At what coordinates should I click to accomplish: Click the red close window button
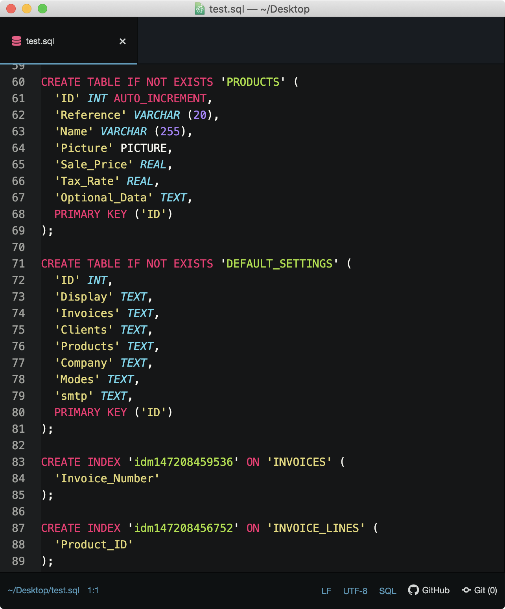pos(11,9)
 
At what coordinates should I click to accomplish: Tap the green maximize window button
pos(42,9)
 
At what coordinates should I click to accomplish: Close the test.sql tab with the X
pos(123,41)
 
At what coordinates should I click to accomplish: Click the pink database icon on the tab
pos(17,41)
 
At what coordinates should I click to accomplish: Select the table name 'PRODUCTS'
pos(253,82)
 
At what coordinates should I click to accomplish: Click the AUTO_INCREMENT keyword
pos(160,98)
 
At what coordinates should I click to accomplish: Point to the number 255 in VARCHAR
pos(170,131)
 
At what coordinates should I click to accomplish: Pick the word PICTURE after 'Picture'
pos(144,148)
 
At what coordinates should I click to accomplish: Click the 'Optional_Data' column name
pos(104,197)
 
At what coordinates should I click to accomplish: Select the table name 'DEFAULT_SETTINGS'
pos(279,264)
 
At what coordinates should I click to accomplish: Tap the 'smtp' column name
pos(74,396)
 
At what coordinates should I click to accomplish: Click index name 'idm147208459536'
pos(183,462)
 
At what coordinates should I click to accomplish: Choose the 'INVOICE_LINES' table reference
pos(316,528)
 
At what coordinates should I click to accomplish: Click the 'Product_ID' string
pos(94,544)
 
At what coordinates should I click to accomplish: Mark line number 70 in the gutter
pos(18,247)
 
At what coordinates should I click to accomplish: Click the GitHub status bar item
pos(429,590)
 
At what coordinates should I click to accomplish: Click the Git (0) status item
pos(480,590)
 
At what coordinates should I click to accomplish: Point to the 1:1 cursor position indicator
pos(93,590)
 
